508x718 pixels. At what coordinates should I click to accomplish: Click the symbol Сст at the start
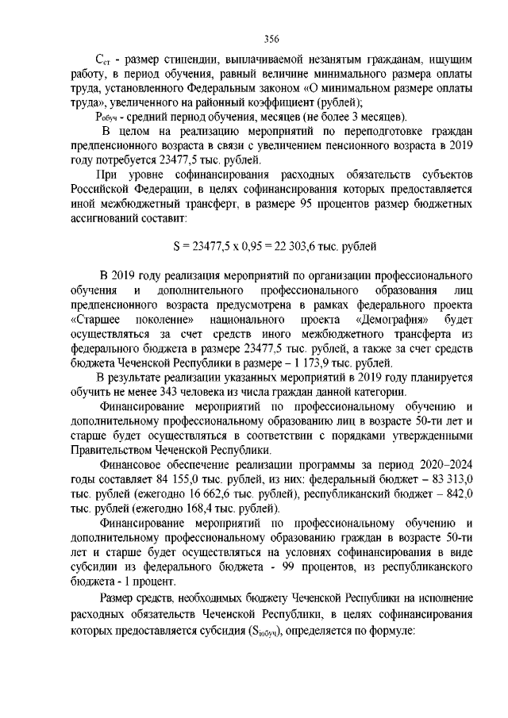[x=102, y=60]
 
